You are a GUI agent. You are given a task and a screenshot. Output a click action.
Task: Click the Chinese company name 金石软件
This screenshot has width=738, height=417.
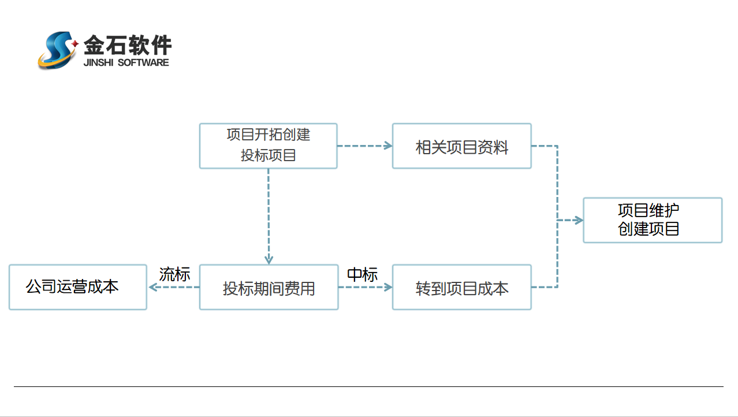128,44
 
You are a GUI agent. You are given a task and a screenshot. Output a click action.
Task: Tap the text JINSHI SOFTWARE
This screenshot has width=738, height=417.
126,62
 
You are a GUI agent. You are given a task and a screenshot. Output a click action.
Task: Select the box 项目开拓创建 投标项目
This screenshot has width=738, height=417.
268,146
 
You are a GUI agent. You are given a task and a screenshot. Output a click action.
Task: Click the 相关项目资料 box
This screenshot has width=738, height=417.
461,146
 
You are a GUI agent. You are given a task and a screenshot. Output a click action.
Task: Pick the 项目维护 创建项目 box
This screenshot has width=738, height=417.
653,220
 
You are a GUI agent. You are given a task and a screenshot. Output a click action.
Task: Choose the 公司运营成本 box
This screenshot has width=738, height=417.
78,287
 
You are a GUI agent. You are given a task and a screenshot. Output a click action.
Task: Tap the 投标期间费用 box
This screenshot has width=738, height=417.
269,287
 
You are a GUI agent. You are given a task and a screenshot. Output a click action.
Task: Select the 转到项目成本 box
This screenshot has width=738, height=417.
461,287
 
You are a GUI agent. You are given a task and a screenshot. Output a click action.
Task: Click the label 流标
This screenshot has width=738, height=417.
174,274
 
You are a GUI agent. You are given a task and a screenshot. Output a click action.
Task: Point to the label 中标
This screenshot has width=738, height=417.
362,275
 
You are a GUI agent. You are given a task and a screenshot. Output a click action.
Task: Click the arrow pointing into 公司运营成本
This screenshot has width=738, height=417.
152,287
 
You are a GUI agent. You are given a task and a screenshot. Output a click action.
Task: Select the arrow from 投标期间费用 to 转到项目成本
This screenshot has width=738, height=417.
365,287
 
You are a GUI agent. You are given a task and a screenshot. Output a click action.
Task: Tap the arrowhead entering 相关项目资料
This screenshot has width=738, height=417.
389,146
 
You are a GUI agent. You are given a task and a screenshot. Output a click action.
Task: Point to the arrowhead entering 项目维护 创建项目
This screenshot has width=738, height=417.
579,220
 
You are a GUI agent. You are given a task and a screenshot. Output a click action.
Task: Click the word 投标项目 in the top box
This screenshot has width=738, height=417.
268,155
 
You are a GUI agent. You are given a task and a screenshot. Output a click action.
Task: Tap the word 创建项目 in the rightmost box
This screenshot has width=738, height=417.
648,229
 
